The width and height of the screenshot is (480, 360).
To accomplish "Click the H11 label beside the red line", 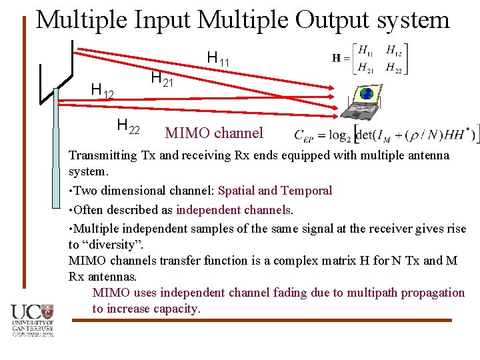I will coord(218,59).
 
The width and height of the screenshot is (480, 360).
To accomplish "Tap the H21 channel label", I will coord(162,79).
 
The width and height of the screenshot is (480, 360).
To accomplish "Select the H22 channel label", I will coord(128,125).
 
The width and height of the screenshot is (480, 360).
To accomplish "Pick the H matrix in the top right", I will coord(371,59).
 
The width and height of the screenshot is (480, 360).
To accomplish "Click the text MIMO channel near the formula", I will coord(214,133).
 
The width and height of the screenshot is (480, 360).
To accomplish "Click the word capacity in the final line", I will coord(176,309).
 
